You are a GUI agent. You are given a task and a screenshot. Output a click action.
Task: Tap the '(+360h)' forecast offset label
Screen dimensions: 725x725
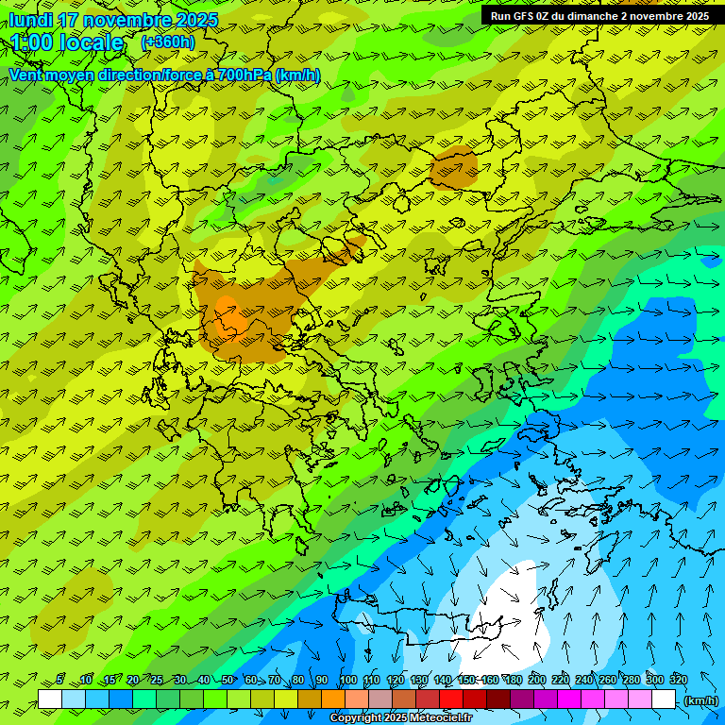(167, 42)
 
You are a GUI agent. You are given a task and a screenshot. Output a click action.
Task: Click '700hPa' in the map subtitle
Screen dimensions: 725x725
(244, 75)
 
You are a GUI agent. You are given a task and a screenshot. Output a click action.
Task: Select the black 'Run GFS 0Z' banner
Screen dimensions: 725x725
(599, 16)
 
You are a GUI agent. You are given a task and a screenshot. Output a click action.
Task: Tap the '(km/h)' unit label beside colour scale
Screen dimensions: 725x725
(700, 700)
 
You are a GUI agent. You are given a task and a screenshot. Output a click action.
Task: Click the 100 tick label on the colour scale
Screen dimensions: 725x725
(348, 680)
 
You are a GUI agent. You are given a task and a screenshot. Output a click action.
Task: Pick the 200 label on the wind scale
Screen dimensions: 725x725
(537, 680)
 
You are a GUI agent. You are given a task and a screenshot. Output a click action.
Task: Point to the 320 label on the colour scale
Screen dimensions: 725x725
(679, 680)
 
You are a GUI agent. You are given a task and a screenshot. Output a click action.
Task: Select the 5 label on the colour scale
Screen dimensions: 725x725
(59, 680)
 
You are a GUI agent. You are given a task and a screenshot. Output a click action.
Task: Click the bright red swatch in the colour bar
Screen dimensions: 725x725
(451, 700)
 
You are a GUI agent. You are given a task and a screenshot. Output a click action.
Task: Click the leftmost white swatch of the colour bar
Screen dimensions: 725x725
(50, 700)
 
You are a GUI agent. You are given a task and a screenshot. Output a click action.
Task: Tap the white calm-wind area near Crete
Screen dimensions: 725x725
(510, 604)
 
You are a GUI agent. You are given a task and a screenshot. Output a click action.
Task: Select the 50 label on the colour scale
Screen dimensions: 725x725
(228, 680)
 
